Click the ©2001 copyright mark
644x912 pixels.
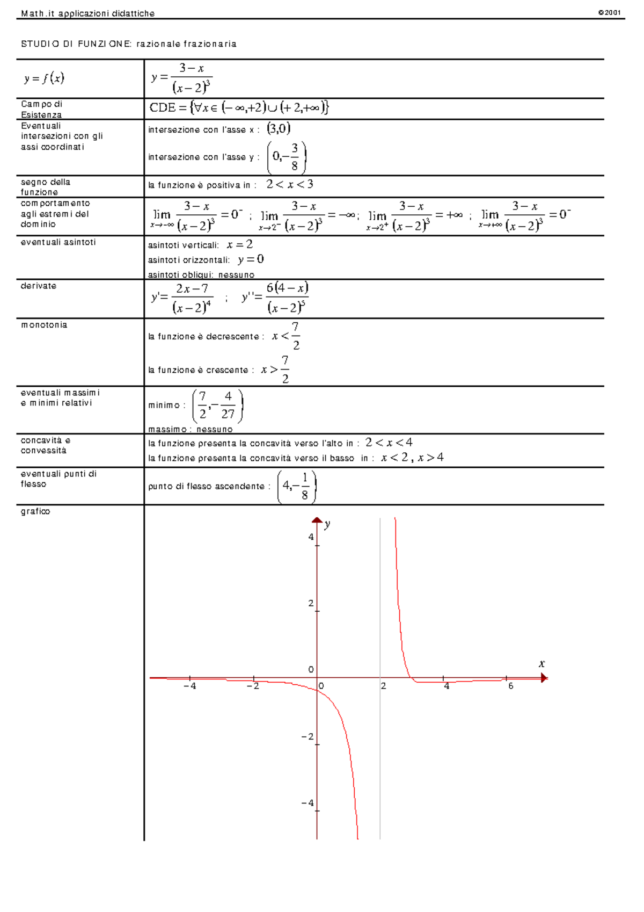pos(610,12)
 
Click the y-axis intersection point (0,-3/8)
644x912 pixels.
pos(287,157)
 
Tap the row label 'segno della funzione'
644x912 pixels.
pos(46,187)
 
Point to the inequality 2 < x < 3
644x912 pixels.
pos(290,184)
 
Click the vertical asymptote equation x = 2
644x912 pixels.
pos(239,245)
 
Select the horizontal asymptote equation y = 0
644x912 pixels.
pos(251,259)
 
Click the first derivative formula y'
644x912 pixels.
pos(182,298)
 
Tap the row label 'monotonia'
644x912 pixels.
pos(44,325)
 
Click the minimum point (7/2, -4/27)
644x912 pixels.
pos(217,406)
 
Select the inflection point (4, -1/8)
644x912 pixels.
pos(297,486)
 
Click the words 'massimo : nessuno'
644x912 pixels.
pos(191,429)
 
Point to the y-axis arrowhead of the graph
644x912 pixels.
pos(317,520)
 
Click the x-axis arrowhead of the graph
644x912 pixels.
pos(544,678)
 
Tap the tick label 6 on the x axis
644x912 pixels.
pos(510,686)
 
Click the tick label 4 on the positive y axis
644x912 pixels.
pos(311,537)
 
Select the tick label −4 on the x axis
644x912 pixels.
pos(189,686)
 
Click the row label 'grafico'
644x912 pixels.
pos(35,511)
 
